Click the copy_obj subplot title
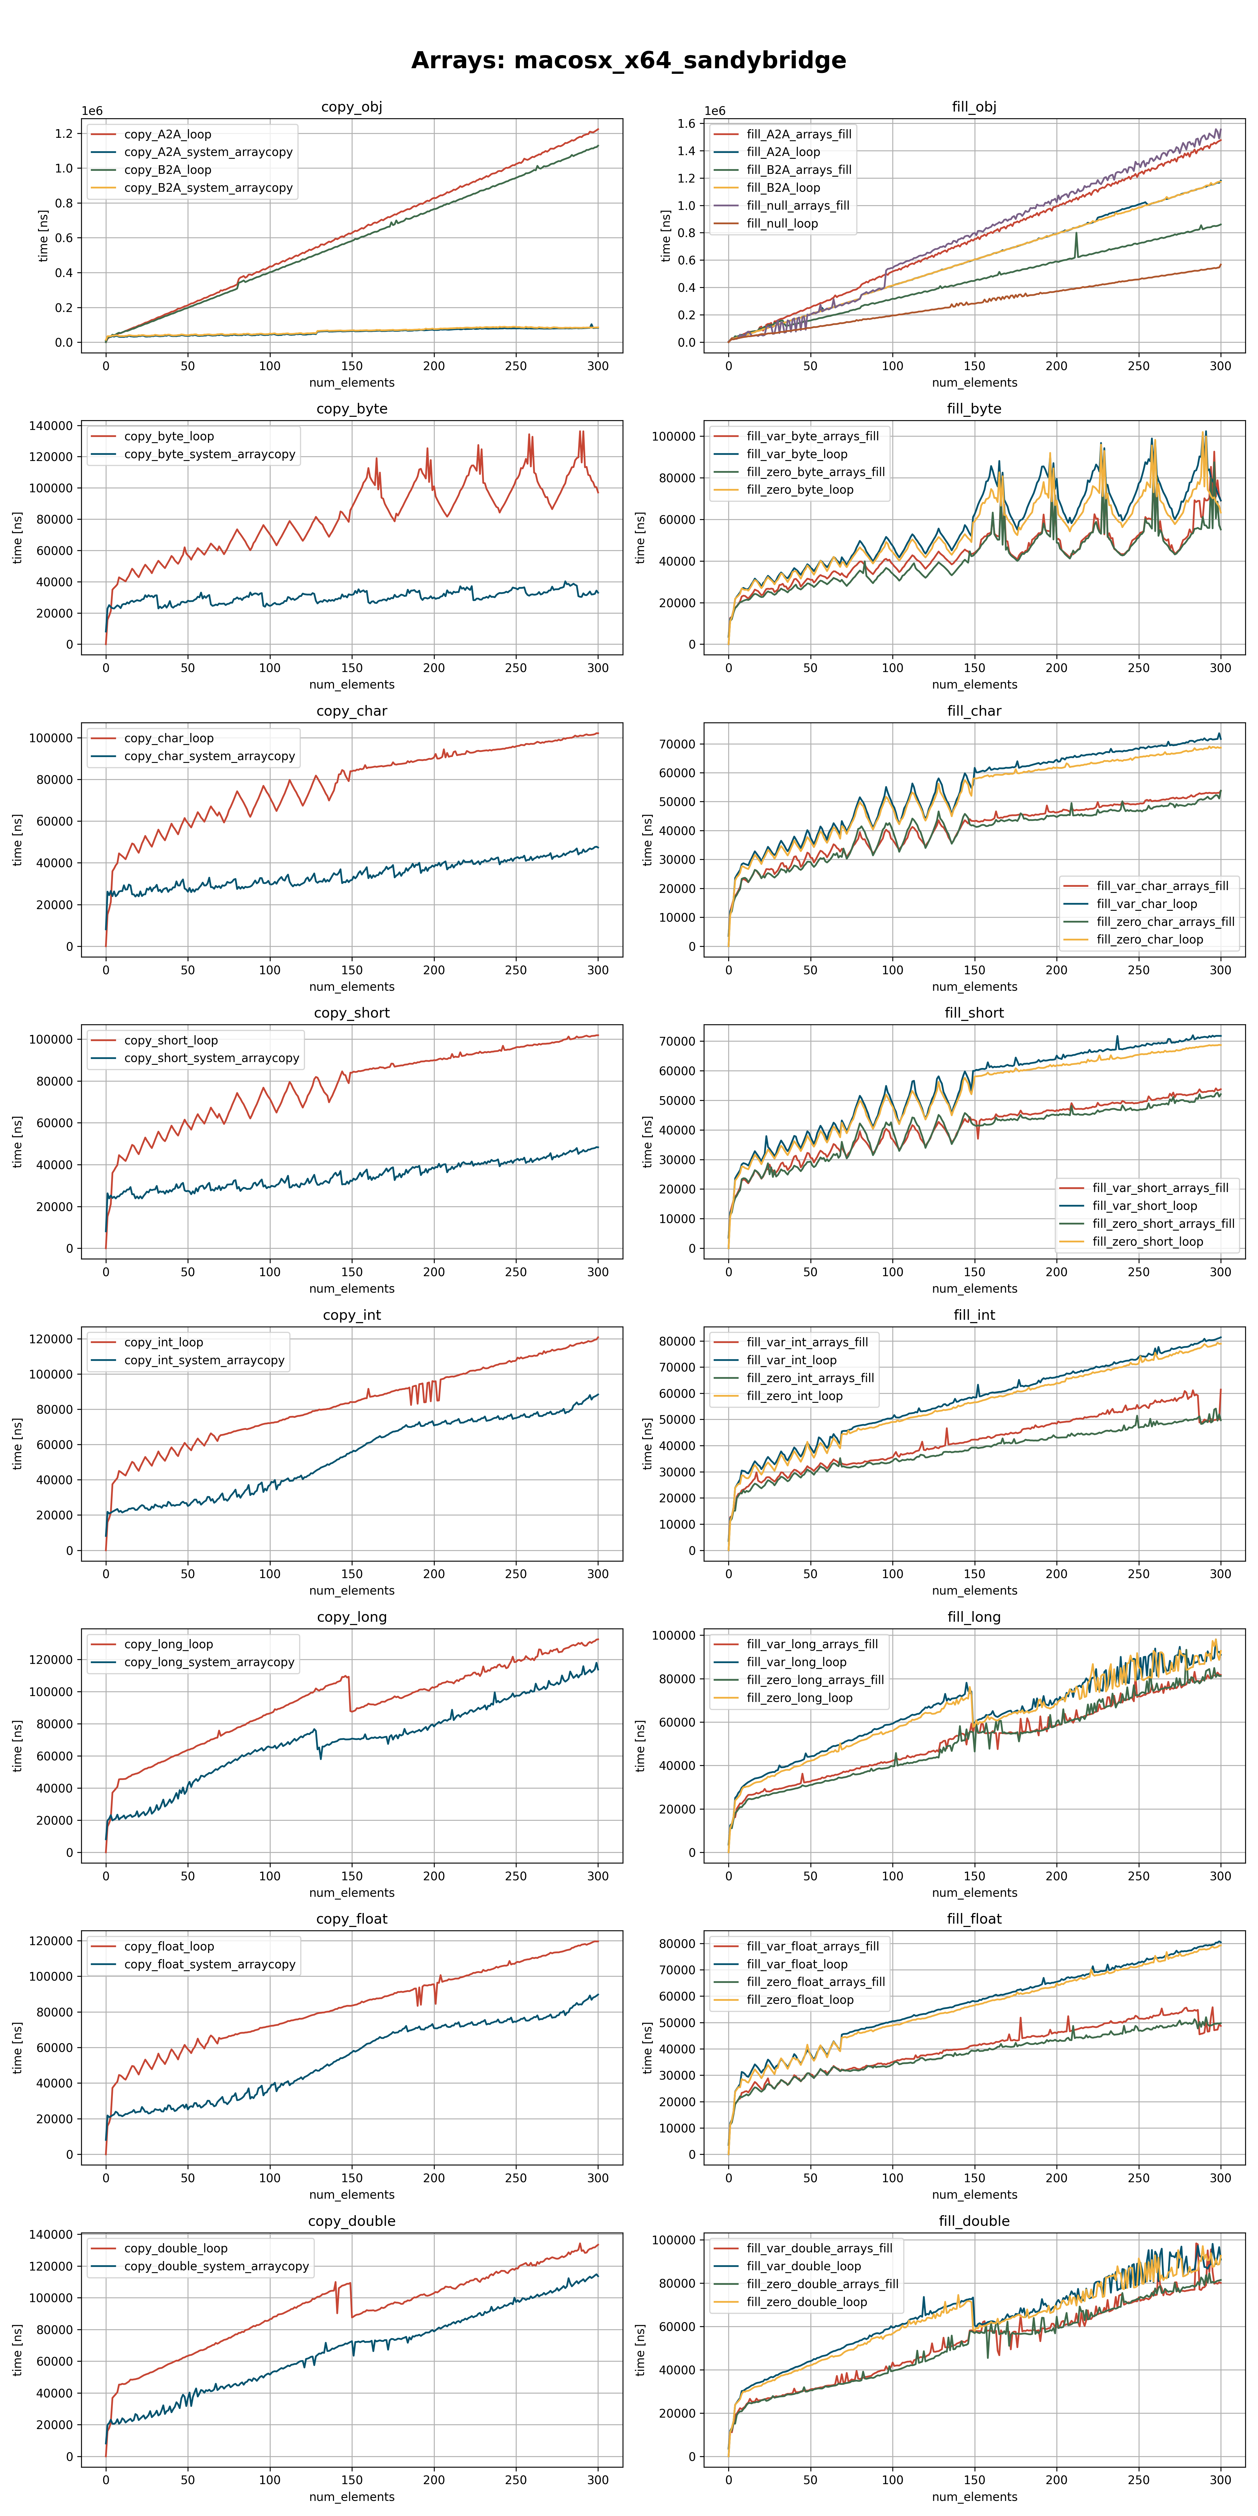(x=352, y=107)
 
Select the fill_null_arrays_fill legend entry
(x=797, y=205)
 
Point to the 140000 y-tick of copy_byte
(x=49, y=426)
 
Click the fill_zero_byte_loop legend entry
(x=799, y=489)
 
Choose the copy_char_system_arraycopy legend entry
(x=209, y=756)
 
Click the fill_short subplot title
(x=974, y=1013)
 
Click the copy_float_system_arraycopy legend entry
(x=209, y=1964)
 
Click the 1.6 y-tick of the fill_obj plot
(x=687, y=124)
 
